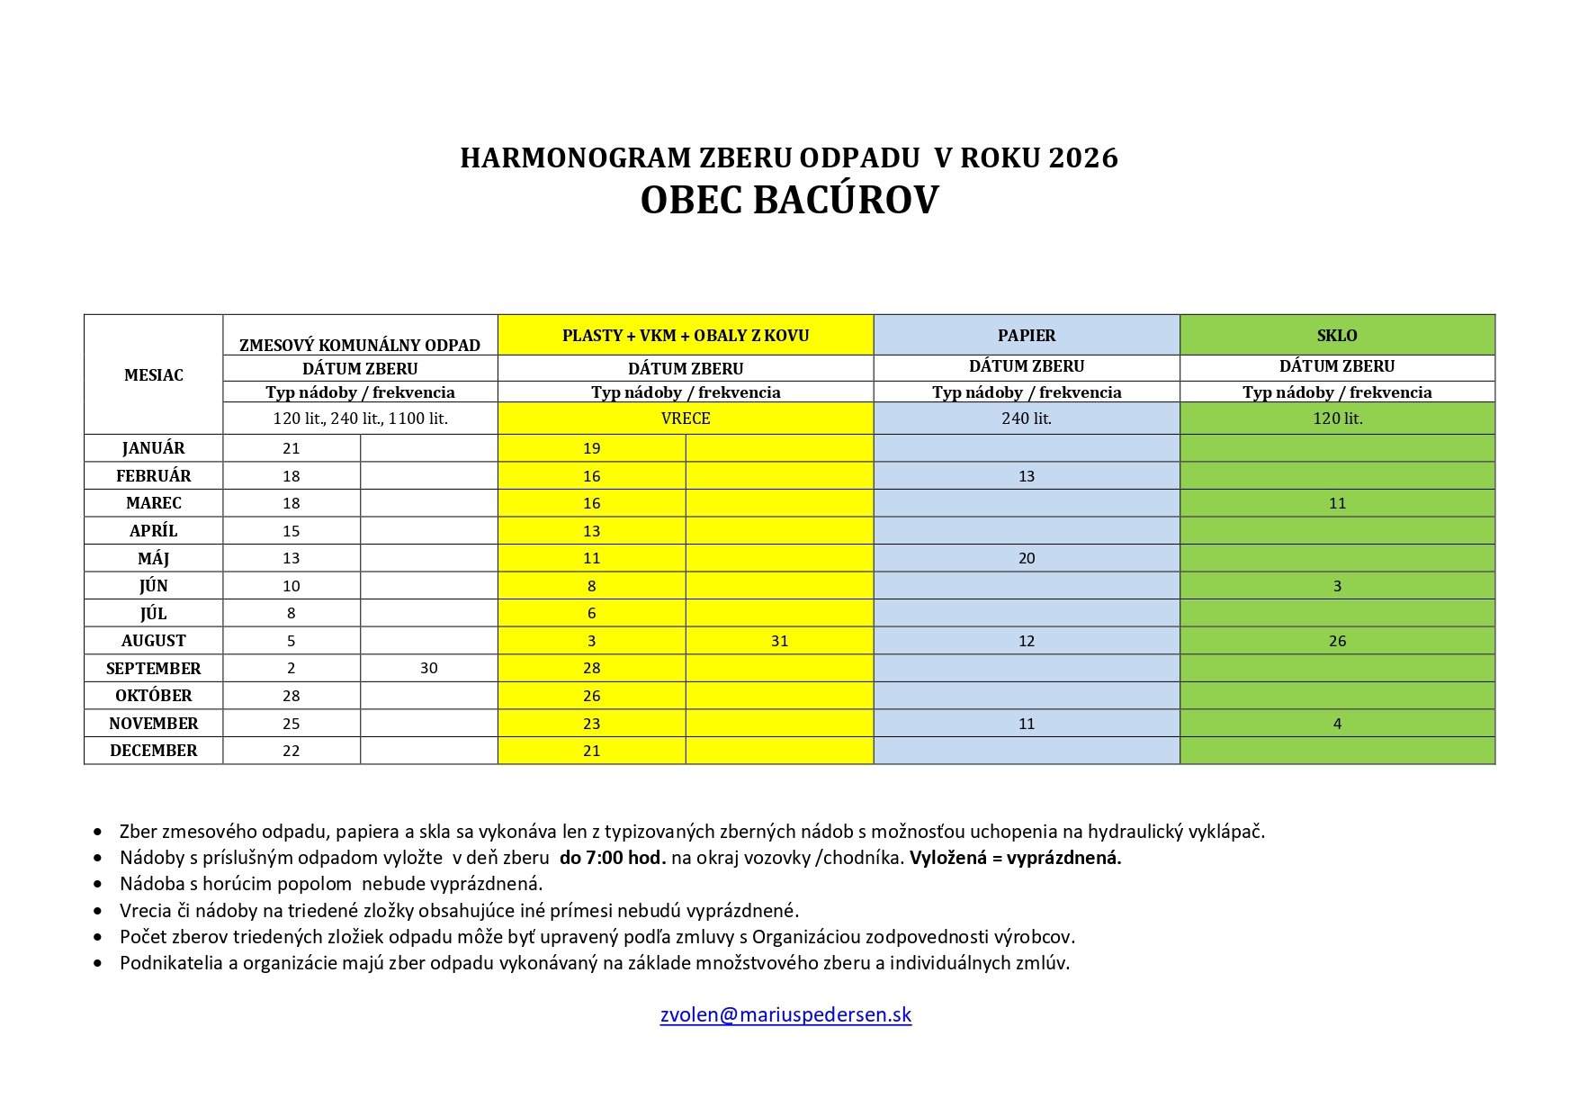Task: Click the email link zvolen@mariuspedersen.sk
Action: click(x=785, y=1015)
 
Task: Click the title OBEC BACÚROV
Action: click(x=789, y=201)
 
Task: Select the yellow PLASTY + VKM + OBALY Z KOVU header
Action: click(x=686, y=336)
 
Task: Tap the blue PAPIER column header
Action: click(x=1027, y=336)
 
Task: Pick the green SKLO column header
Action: click(x=1337, y=336)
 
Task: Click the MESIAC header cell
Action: click(x=154, y=375)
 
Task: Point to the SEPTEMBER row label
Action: click(x=154, y=669)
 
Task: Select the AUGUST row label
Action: click(x=154, y=641)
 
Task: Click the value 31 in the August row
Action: click(x=779, y=641)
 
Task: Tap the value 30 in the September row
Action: click(x=429, y=669)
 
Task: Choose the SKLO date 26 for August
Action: click(x=1337, y=641)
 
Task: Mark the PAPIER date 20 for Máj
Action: click(x=1027, y=558)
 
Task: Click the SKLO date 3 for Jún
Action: click(x=1337, y=586)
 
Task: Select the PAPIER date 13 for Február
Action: click(x=1027, y=476)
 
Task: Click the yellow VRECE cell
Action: click(x=686, y=419)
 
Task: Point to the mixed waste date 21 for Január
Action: click(x=291, y=448)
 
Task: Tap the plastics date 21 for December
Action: click(x=591, y=751)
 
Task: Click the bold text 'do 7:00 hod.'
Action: click(x=613, y=858)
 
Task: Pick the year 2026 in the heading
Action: click(x=1083, y=158)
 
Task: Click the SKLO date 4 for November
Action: click(x=1337, y=724)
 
